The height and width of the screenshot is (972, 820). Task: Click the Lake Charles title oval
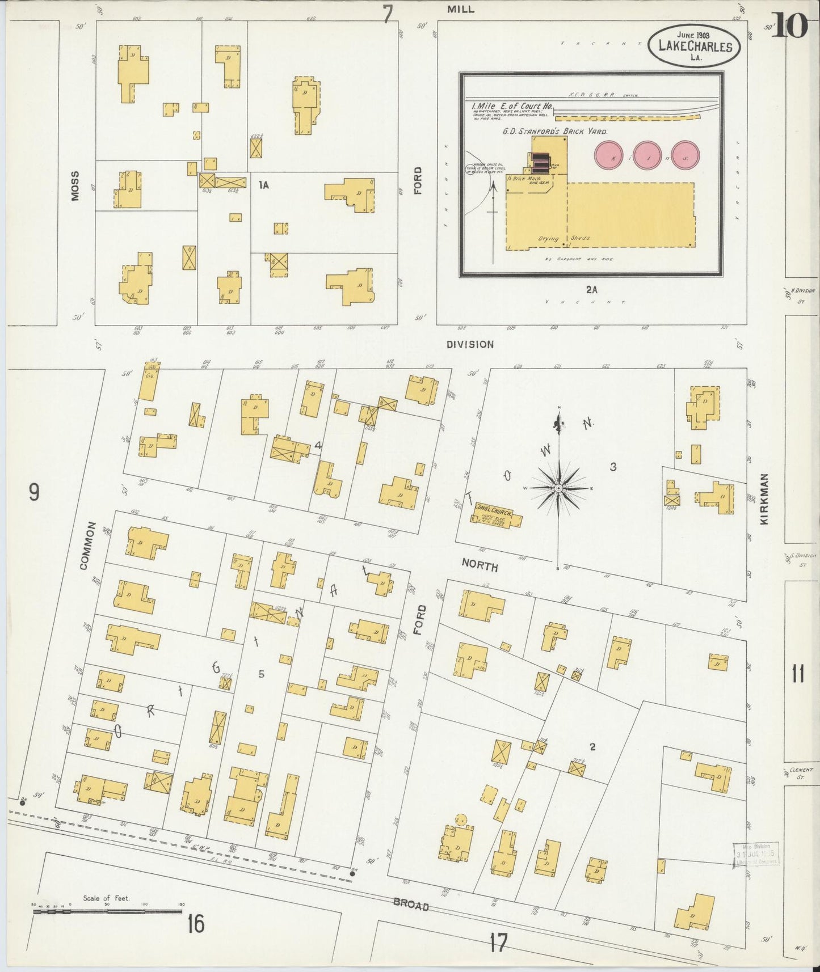pyautogui.click(x=695, y=46)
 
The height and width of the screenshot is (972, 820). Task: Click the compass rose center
pyautogui.click(x=559, y=488)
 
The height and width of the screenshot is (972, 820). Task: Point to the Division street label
pyautogui.click(x=469, y=344)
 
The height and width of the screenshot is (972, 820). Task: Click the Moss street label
pyautogui.click(x=75, y=185)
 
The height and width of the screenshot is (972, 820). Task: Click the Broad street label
pyautogui.click(x=411, y=906)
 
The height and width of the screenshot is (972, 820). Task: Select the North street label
pyautogui.click(x=480, y=565)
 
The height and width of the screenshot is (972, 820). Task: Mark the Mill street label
pyautogui.click(x=460, y=10)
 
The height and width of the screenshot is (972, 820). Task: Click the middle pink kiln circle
pyautogui.click(x=647, y=155)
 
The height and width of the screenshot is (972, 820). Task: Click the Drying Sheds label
pyautogui.click(x=564, y=239)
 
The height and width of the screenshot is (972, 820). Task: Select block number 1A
pyautogui.click(x=263, y=184)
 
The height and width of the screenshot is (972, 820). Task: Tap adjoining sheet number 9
pyautogui.click(x=34, y=492)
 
